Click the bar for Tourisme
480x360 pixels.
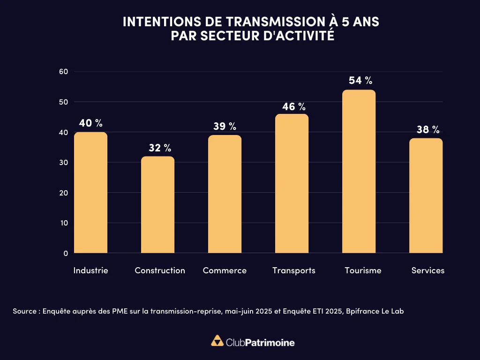(359, 172)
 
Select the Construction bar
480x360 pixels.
(157, 205)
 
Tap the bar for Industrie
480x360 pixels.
(91, 193)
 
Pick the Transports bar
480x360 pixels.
(292, 184)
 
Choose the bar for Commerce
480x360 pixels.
(225, 194)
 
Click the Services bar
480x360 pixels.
(426, 195)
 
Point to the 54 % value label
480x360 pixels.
(360, 81)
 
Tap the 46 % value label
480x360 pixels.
(293, 107)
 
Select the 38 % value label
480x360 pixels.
(428, 129)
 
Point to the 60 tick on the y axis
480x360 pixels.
(64, 72)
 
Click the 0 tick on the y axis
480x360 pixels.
(66, 253)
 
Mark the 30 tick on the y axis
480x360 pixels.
(64, 163)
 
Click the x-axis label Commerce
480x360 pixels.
(225, 270)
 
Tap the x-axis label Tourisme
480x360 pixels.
(363, 270)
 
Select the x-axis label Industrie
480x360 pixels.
(91, 270)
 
